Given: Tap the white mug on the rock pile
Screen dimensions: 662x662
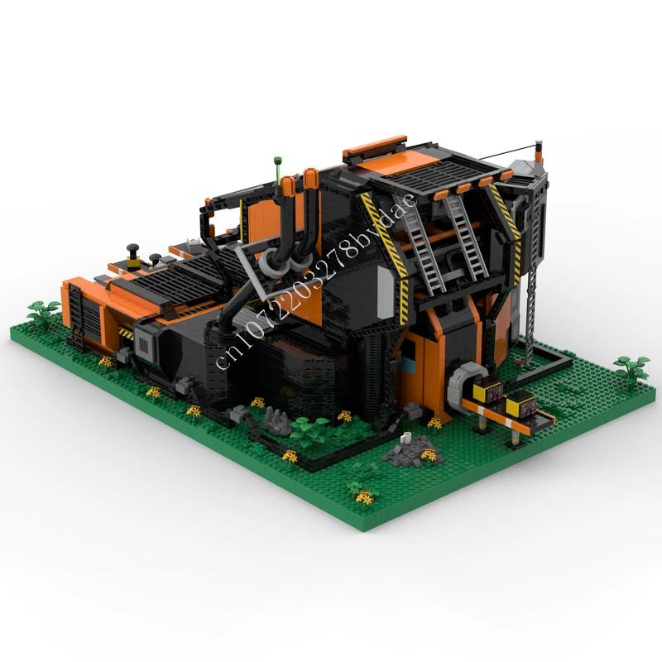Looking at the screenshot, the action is click(x=406, y=437).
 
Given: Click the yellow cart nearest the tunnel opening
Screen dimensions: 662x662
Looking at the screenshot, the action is click(x=487, y=391).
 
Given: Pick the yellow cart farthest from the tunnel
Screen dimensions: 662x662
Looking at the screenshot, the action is click(x=521, y=404).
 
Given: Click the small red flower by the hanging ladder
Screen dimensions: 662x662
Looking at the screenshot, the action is click(x=520, y=362).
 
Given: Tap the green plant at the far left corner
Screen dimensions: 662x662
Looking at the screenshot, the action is click(x=44, y=312).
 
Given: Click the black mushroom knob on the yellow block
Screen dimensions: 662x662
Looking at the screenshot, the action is click(x=133, y=249).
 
